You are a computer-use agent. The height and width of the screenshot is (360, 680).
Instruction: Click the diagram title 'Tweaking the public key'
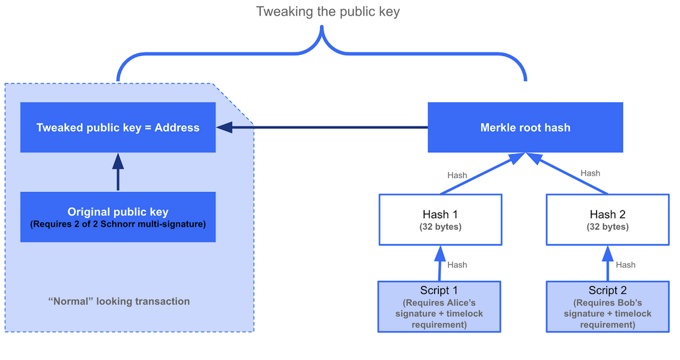tap(328, 12)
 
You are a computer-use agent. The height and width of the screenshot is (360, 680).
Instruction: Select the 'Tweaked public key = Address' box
tap(118, 128)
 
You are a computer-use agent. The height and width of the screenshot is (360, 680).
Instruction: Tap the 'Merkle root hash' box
tap(525, 128)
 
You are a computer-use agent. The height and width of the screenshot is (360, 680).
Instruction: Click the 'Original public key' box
tap(118, 217)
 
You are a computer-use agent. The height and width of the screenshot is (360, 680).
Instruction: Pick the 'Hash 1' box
tap(440, 219)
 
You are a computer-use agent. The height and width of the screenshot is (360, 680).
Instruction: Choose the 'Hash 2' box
tap(608, 219)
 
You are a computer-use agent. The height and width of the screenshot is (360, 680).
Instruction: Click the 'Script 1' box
tap(439, 306)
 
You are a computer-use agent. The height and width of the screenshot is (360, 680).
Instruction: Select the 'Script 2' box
tap(608, 306)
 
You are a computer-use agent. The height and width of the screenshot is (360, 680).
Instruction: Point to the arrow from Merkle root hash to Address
tap(322, 128)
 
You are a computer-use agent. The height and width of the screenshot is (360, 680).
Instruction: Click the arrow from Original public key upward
tap(118, 172)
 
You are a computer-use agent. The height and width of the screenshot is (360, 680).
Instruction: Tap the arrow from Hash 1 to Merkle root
tap(483, 174)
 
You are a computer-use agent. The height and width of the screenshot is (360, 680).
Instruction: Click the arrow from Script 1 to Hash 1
tap(440, 263)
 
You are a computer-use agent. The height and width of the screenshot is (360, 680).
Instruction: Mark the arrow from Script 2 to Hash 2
tap(608, 263)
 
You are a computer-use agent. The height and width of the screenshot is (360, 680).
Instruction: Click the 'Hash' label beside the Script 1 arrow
tap(457, 265)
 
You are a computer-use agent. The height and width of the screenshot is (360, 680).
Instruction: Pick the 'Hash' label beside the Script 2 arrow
tap(625, 265)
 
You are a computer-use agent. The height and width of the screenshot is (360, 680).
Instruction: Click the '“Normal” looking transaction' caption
tap(119, 301)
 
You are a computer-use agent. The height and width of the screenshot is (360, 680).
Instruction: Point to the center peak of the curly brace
tap(322, 27)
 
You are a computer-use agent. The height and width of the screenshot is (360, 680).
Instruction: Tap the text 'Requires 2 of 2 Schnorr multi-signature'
tap(118, 224)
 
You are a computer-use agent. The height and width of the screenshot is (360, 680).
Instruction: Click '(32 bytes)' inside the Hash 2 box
tap(608, 227)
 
